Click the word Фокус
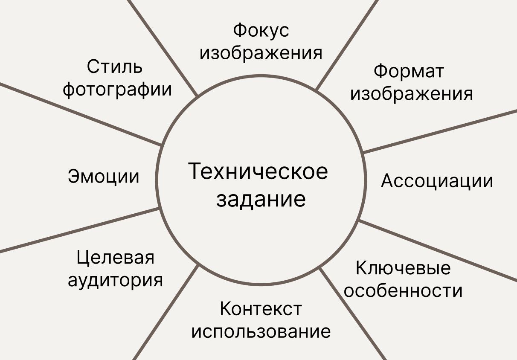261,31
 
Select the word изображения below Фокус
261,53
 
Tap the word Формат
409,71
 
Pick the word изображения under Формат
411,93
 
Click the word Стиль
114,67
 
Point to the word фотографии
117,90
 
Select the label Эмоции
104,176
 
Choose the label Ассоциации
437,181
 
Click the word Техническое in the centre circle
258,171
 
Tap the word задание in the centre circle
261,199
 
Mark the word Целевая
115,258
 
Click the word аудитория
115,280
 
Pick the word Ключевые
403,268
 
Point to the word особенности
403,291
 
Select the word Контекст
261,309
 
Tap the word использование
261,331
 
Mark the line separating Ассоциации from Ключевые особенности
439,251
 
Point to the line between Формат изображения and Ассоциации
439,131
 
